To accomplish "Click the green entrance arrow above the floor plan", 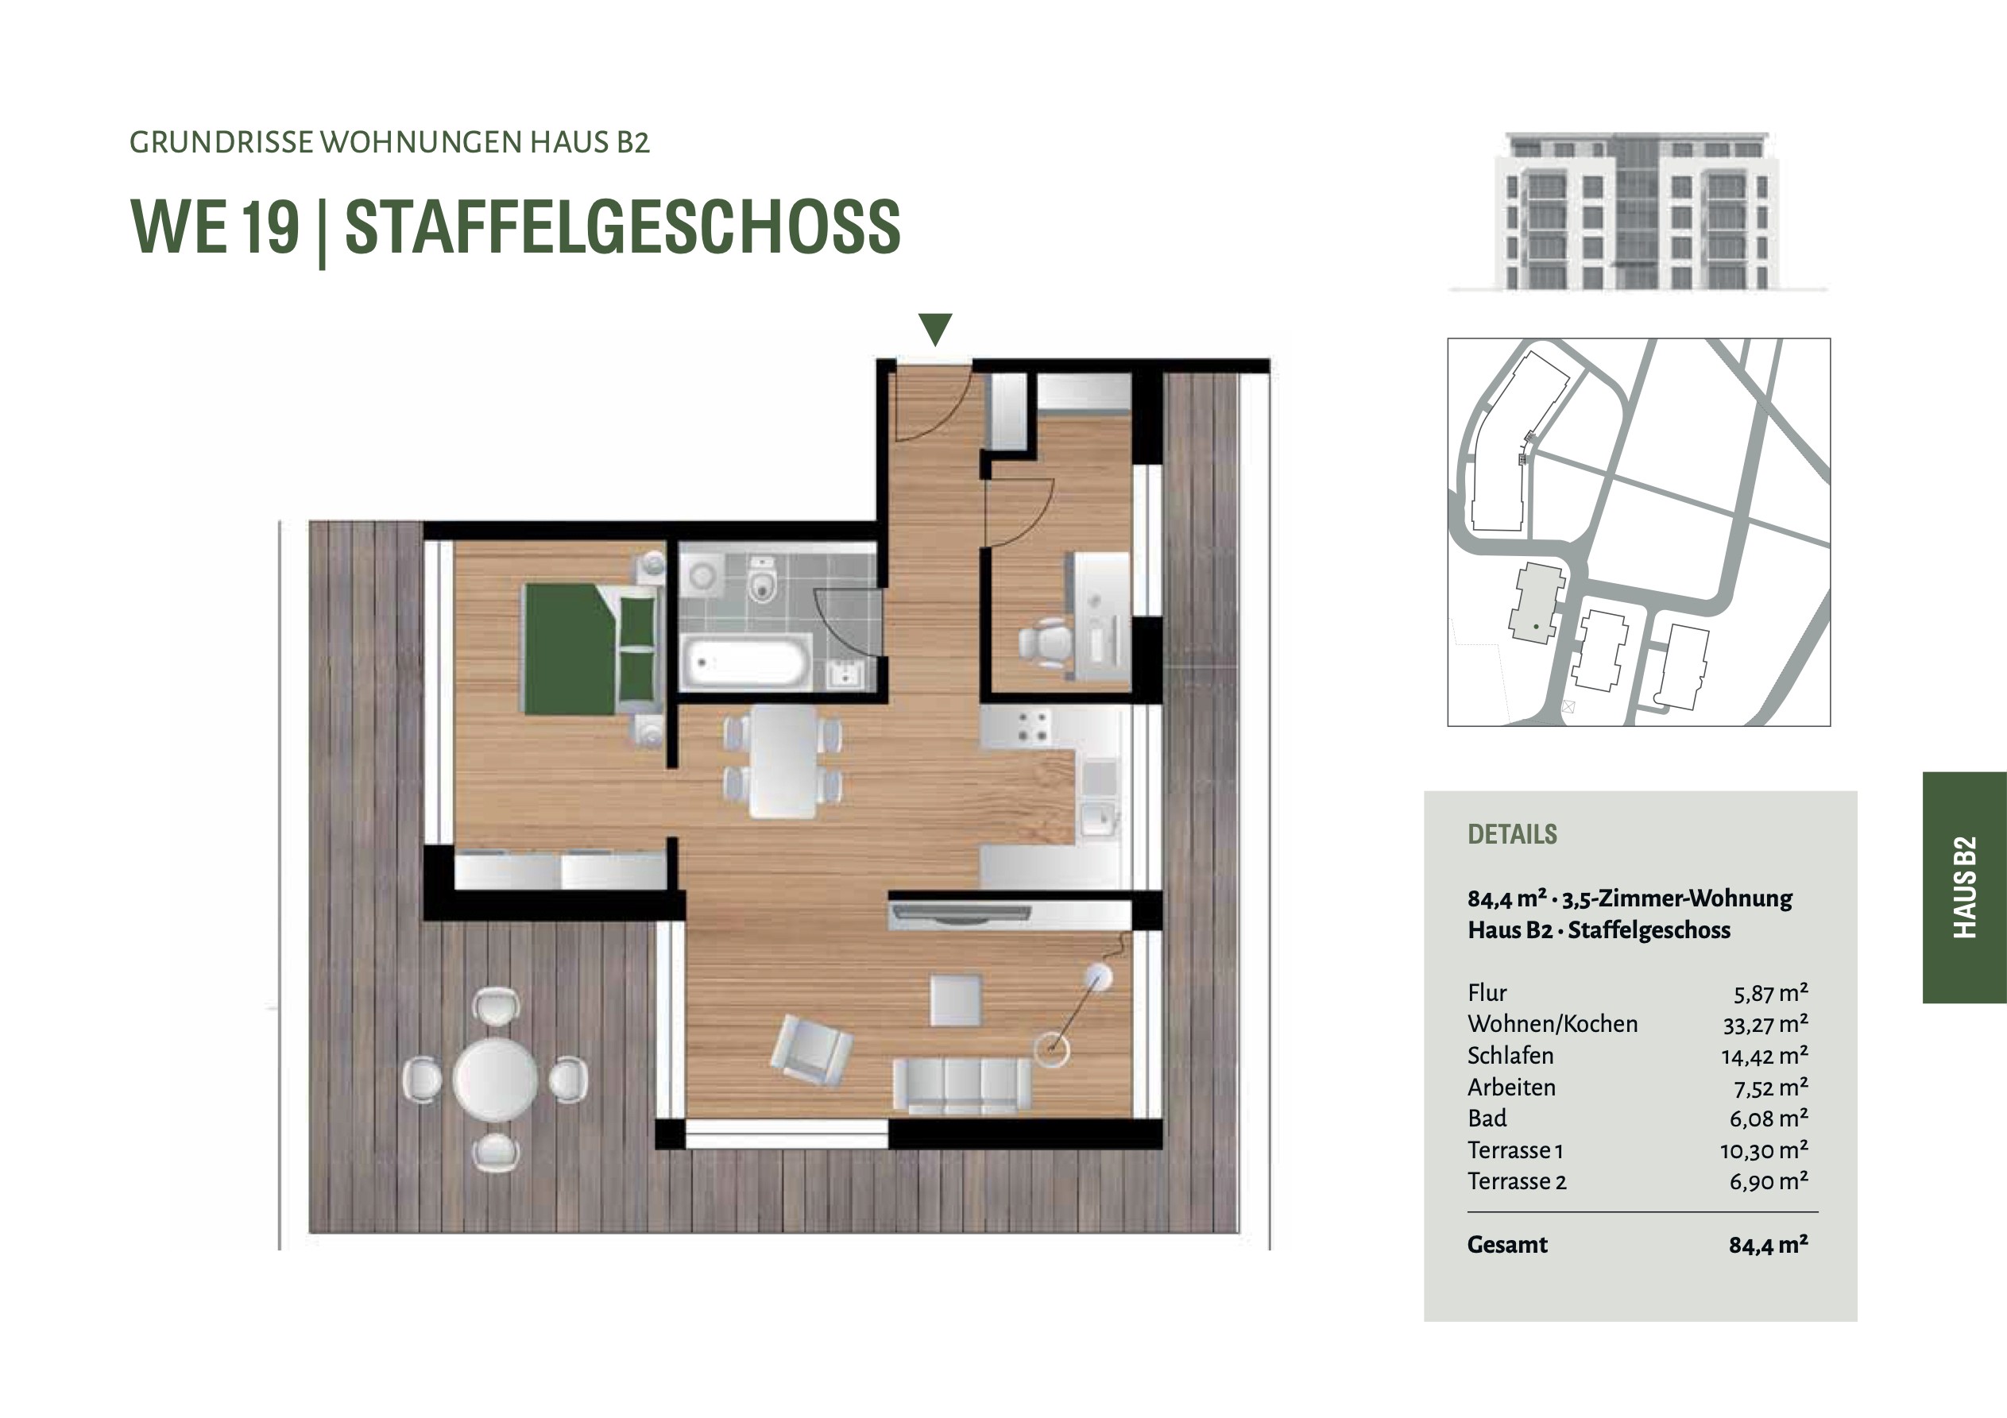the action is click(x=935, y=329).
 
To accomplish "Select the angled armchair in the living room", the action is click(x=811, y=1049).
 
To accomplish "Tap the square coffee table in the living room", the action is click(x=957, y=1000).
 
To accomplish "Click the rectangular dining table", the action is click(x=784, y=762).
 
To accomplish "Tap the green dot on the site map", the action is click(x=1536, y=627).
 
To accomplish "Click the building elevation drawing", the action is click(x=1638, y=211).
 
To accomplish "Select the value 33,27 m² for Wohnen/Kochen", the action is click(x=1764, y=1024).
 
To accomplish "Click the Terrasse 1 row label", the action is click(x=1515, y=1149).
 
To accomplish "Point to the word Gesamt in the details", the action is click(x=1507, y=1244).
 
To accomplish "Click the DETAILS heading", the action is click(x=1512, y=834).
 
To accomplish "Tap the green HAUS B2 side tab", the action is click(x=1964, y=887).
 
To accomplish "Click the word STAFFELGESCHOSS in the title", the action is click(x=622, y=226).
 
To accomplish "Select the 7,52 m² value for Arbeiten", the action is click(x=1771, y=1087).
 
